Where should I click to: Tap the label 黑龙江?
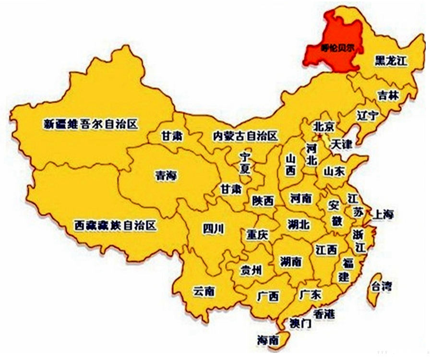(x=391, y=61)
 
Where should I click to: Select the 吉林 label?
(x=388, y=95)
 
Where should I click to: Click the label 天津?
(x=342, y=144)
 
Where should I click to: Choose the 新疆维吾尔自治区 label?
(x=91, y=124)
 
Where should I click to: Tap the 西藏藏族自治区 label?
(x=115, y=225)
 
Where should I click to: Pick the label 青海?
(x=166, y=176)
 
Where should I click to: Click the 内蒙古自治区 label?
(x=245, y=136)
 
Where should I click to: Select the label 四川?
(x=213, y=229)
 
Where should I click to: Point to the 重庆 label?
(x=257, y=235)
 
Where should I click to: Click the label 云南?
(x=204, y=291)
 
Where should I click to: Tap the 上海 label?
(x=383, y=215)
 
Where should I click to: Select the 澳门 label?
(x=301, y=324)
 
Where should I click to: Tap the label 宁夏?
(x=245, y=162)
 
